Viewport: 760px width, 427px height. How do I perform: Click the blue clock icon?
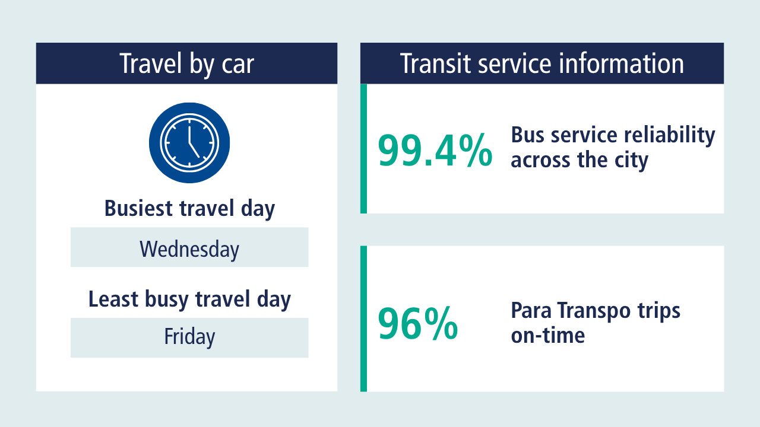pos(189,143)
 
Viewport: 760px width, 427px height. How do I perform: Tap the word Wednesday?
pos(189,250)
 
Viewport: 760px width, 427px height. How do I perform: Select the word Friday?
pos(189,337)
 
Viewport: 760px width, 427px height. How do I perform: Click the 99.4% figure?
pos(435,151)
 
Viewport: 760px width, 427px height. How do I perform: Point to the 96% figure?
pos(418,323)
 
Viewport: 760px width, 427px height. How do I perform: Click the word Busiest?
pos(138,208)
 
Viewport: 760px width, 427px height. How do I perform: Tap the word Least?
pos(113,299)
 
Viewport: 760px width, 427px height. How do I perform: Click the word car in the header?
pos(237,63)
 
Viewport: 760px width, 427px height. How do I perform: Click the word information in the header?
pos(621,63)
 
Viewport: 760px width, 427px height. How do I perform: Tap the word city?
pos(631,160)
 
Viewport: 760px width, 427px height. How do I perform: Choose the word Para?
pos(531,310)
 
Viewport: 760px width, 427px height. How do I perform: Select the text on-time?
pos(548,335)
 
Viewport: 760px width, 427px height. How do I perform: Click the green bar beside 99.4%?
pos(364,148)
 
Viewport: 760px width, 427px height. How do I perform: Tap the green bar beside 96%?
pos(364,318)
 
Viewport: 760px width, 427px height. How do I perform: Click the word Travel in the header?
pos(151,63)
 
